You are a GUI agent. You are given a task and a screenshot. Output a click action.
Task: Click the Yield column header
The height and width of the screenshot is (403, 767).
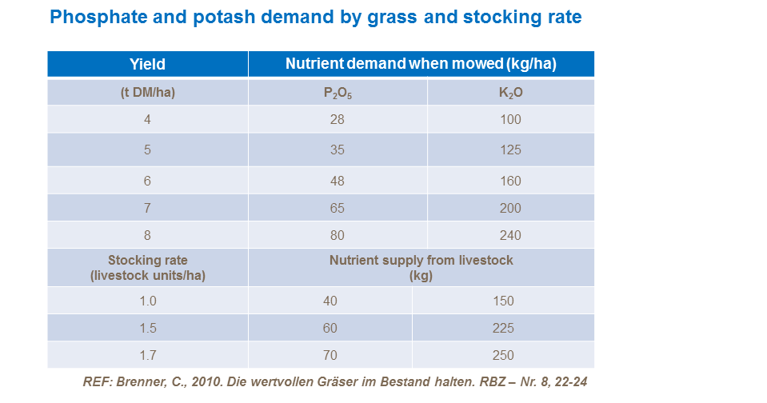(x=147, y=65)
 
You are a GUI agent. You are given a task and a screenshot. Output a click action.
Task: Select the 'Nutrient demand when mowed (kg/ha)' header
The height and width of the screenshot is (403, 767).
(x=421, y=65)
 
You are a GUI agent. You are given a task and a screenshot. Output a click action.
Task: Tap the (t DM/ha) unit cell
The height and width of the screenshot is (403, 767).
(x=147, y=92)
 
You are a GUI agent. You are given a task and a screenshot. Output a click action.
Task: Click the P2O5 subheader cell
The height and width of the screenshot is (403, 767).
(x=337, y=93)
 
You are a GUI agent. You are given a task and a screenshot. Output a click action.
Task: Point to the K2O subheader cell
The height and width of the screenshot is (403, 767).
(x=510, y=92)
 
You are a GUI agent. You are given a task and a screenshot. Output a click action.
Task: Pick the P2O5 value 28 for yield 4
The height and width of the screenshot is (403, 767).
(x=337, y=120)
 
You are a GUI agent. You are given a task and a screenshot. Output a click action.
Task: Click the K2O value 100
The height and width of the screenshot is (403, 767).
(x=510, y=120)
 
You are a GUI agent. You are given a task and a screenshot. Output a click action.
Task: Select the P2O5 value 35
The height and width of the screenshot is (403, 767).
(x=337, y=150)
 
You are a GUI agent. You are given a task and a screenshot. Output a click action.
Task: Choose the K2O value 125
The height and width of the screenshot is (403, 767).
(x=510, y=150)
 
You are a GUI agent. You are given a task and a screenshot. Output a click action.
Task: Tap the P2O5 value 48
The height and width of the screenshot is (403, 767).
(x=337, y=181)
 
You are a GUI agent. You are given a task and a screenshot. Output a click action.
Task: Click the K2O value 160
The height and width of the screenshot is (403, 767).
(x=510, y=181)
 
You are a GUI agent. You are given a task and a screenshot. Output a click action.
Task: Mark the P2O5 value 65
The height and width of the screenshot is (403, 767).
(x=337, y=208)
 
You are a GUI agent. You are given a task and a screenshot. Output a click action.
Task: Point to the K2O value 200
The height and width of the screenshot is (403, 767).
(x=510, y=208)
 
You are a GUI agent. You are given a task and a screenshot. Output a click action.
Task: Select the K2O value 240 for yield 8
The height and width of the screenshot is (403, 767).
(x=510, y=235)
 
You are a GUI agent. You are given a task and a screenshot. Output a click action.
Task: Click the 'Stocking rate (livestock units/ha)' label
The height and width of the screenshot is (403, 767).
(x=147, y=267)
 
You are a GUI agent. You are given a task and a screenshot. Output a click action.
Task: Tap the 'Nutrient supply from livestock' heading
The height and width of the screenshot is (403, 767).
(x=421, y=261)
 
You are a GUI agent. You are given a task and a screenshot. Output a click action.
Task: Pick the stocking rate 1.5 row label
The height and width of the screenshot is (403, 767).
(x=147, y=329)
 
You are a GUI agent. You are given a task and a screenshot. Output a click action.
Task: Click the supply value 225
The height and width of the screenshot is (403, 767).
(x=503, y=329)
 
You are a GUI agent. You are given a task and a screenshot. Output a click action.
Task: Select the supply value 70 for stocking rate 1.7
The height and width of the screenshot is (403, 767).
(x=330, y=356)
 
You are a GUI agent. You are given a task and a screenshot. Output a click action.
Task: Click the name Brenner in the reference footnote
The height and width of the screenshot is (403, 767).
(x=133, y=382)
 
